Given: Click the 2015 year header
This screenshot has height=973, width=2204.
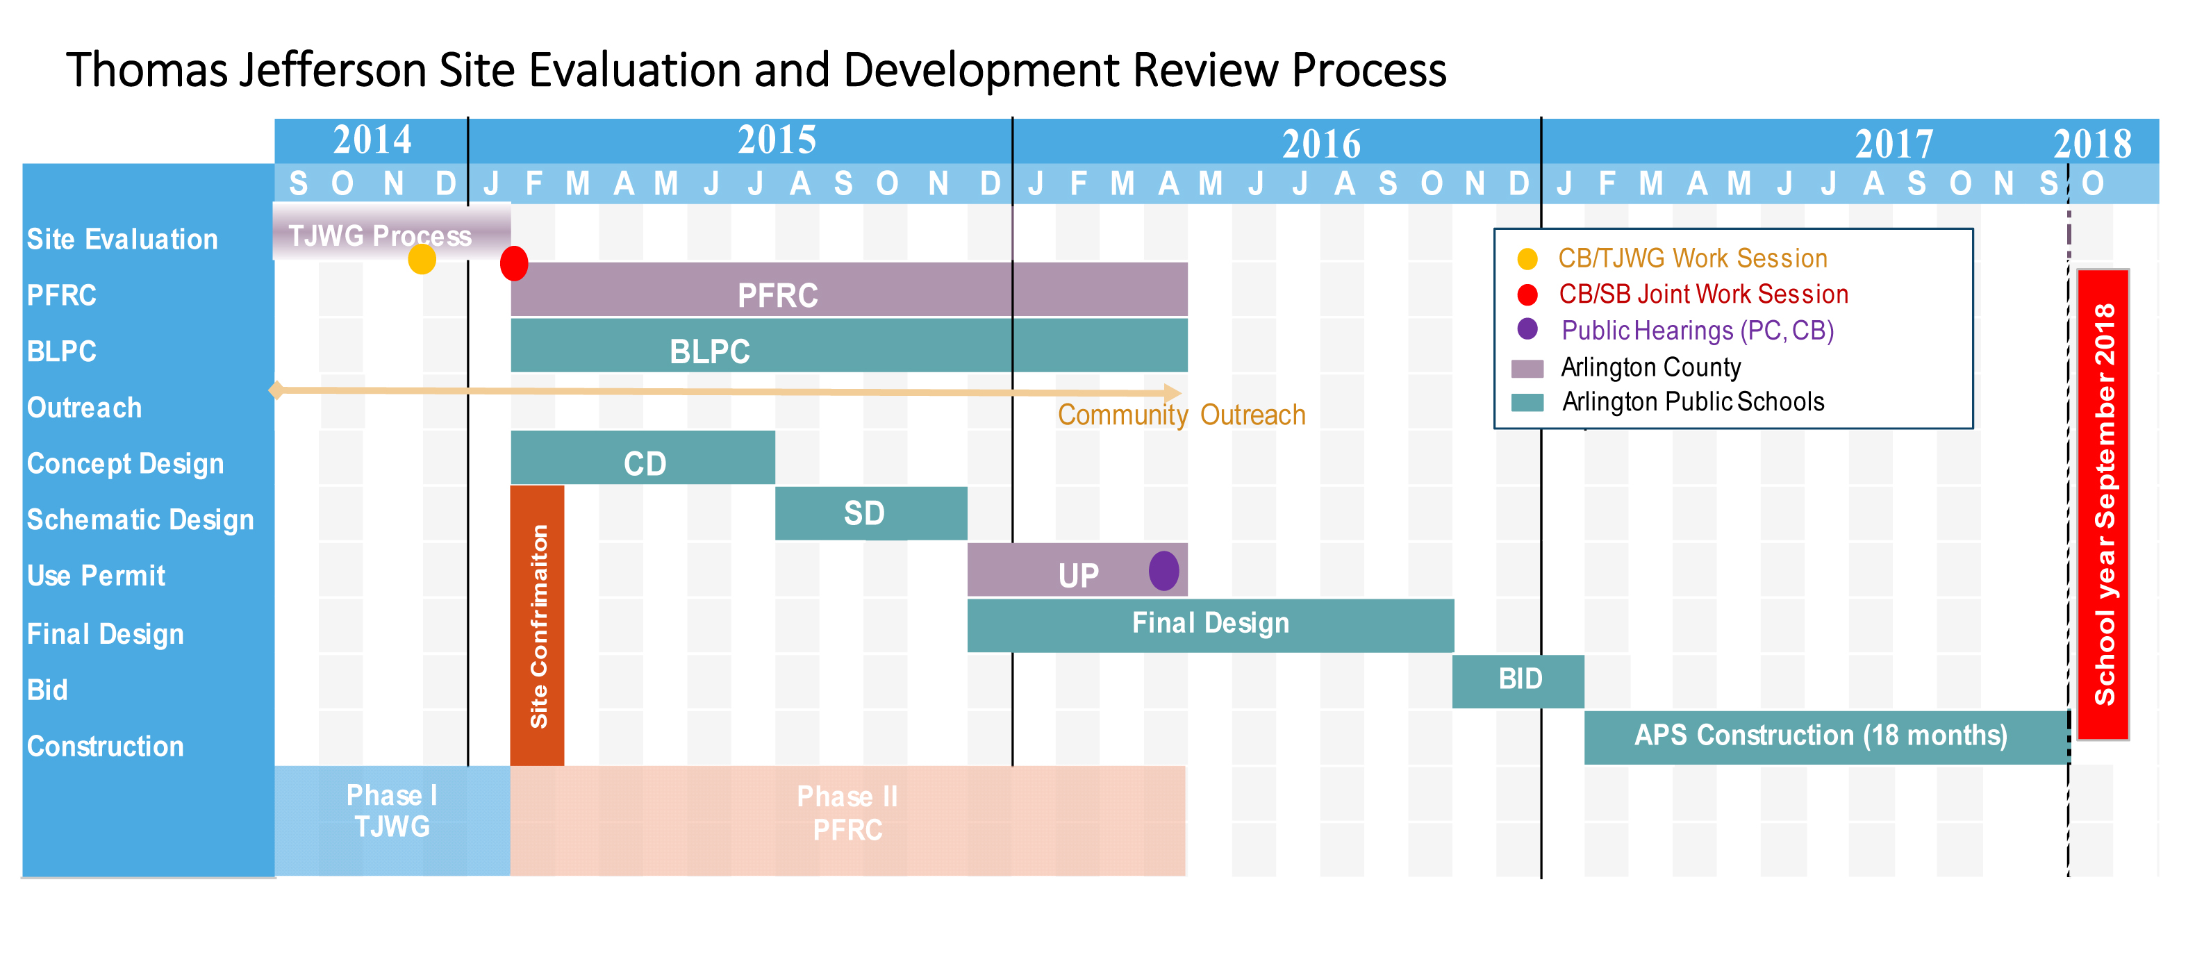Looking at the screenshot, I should coord(776,140).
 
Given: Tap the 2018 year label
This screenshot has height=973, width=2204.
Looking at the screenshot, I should coord(2092,144).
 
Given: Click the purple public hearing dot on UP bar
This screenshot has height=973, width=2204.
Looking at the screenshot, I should coord(1163,571).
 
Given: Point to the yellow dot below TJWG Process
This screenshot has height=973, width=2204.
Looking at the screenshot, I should coord(422,258).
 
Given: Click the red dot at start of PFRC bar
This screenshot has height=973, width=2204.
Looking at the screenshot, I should coord(513,264).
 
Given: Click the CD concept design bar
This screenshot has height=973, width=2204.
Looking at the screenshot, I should coord(643,463).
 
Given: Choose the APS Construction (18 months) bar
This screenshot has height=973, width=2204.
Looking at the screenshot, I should coord(1820,736).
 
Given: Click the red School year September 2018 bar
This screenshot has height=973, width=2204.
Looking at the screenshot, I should coord(2102,505).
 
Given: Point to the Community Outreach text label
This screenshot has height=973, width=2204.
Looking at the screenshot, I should coord(1181,415).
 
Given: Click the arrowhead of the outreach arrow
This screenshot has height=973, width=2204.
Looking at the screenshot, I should coord(1173,394).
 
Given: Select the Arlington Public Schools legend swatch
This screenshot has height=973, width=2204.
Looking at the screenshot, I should coord(1527,402).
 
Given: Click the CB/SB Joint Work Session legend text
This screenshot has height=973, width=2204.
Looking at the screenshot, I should coord(1702,294).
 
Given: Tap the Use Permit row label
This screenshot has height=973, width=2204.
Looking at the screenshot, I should coord(96,576).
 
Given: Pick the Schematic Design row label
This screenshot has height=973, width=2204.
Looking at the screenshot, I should coord(140,519).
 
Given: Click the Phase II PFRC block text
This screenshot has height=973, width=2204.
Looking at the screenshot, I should coord(847,814).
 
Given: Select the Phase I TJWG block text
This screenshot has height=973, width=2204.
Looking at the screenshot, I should coord(392,811).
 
